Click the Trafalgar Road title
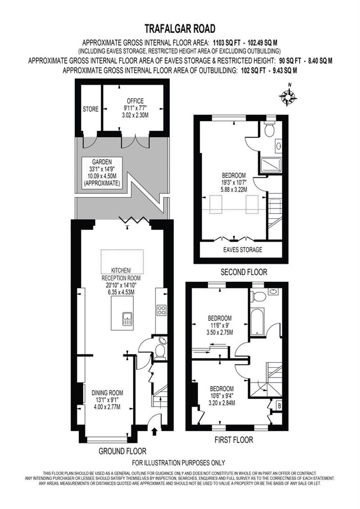[x=180, y=30]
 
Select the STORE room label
[x=90, y=109]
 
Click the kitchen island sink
[x=127, y=319]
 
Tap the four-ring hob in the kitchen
[x=161, y=310]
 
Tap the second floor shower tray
[x=270, y=164]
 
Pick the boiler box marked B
[x=278, y=405]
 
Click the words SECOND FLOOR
[x=244, y=272]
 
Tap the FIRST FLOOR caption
[x=234, y=440]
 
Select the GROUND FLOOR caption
[x=122, y=451]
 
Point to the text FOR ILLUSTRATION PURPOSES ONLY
[x=178, y=463]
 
